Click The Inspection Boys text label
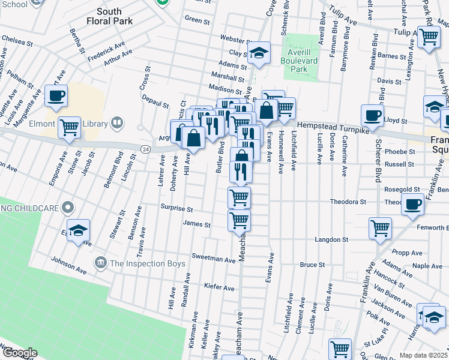(142, 263)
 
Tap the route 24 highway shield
(145, 148)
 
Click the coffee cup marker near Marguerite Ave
(56, 95)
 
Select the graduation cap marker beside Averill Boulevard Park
(259, 53)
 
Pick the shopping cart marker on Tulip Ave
(429, 37)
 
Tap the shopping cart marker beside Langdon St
(381, 228)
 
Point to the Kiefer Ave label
(219, 288)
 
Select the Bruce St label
(312, 264)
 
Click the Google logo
(19, 353)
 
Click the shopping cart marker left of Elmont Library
(70, 127)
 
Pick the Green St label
(196, 19)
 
